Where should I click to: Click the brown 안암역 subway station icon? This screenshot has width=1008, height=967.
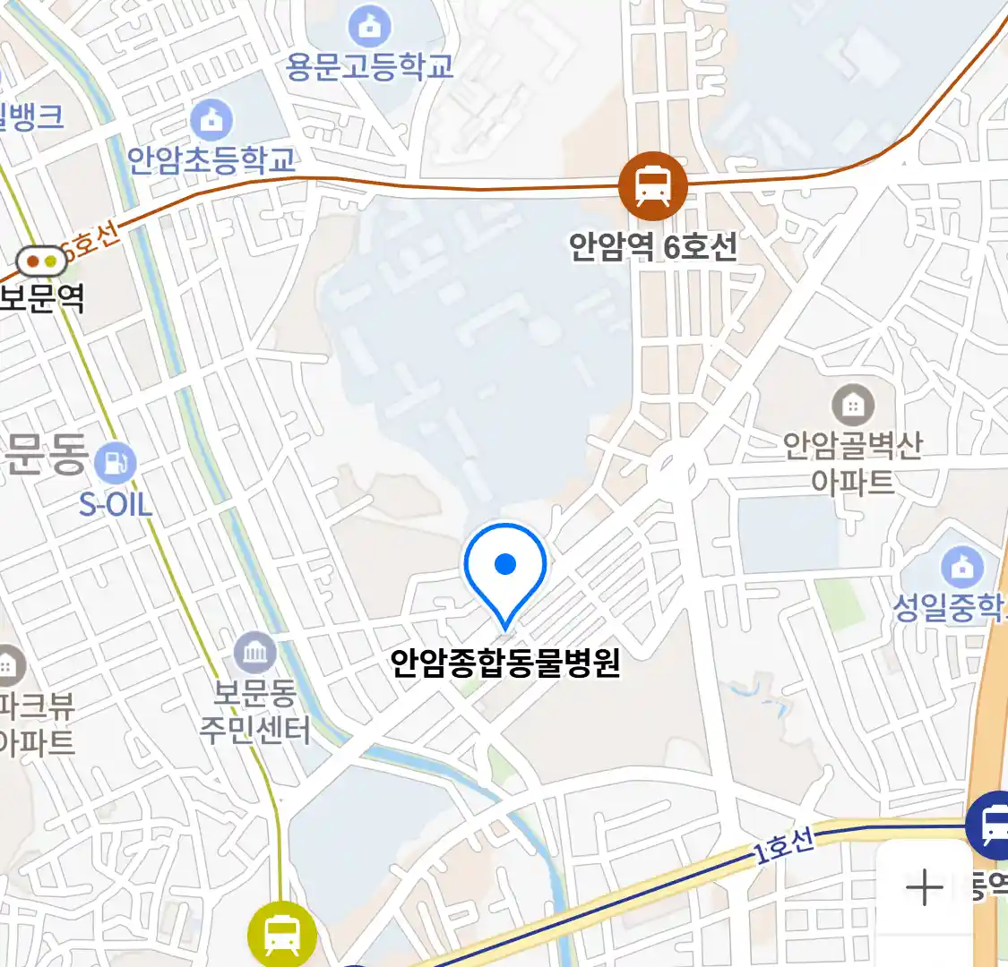652,186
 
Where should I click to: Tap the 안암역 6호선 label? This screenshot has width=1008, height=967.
652,245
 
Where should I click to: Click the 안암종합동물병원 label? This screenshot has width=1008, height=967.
505,663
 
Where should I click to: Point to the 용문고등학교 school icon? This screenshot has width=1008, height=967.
369,26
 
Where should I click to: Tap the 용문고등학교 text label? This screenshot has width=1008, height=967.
369,66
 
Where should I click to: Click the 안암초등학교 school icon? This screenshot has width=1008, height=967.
211,119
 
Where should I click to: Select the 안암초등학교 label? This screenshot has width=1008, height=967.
211,160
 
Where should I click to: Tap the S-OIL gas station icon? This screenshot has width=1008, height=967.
115,463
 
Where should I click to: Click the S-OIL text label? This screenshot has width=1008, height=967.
116,504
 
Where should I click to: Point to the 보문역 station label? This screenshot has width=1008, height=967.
41,298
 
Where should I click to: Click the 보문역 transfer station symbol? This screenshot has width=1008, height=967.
41,261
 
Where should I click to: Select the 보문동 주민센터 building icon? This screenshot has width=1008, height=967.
255,653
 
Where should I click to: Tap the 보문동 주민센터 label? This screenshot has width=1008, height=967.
254,712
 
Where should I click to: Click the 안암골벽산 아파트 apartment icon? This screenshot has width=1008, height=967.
853,406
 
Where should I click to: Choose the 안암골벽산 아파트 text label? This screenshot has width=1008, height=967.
853,463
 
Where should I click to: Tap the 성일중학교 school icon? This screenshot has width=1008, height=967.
962,567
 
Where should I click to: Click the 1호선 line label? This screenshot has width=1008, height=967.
783,845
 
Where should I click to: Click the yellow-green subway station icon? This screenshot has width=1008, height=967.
281,934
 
